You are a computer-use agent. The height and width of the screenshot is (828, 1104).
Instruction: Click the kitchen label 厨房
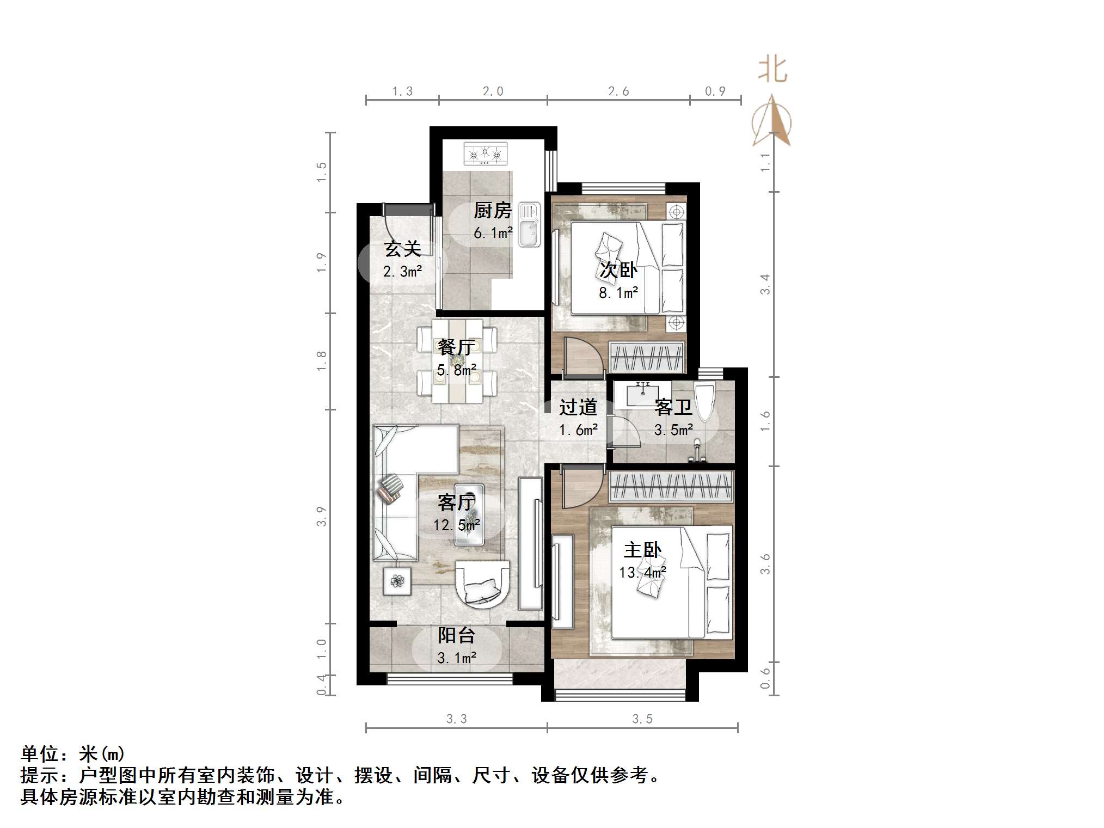492,210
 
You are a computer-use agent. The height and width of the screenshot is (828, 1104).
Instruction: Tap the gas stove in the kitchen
485,154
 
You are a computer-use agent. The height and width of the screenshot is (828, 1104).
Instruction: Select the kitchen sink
529,224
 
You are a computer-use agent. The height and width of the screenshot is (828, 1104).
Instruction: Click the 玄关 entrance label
402,249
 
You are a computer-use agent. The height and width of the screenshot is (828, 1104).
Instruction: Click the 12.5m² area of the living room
456,525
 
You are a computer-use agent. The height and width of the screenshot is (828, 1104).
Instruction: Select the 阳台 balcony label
456,635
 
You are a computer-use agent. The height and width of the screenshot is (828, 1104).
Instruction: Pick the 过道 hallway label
578,407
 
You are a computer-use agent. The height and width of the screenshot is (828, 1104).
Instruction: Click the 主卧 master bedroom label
642,550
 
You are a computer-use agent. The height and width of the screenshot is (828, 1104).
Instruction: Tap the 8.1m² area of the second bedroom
618,293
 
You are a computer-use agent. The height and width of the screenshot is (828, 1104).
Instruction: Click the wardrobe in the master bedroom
671,486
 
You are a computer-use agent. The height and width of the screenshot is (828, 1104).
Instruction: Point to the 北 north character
772,70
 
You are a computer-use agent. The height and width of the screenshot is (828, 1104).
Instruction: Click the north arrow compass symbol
771,122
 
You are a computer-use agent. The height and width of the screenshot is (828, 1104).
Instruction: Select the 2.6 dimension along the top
618,91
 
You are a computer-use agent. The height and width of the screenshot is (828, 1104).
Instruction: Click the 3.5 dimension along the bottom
642,719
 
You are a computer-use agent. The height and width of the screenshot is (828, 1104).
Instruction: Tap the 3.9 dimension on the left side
321,516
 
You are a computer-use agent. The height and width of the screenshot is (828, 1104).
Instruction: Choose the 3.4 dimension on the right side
765,284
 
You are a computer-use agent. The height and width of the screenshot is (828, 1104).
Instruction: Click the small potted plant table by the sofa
397,581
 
